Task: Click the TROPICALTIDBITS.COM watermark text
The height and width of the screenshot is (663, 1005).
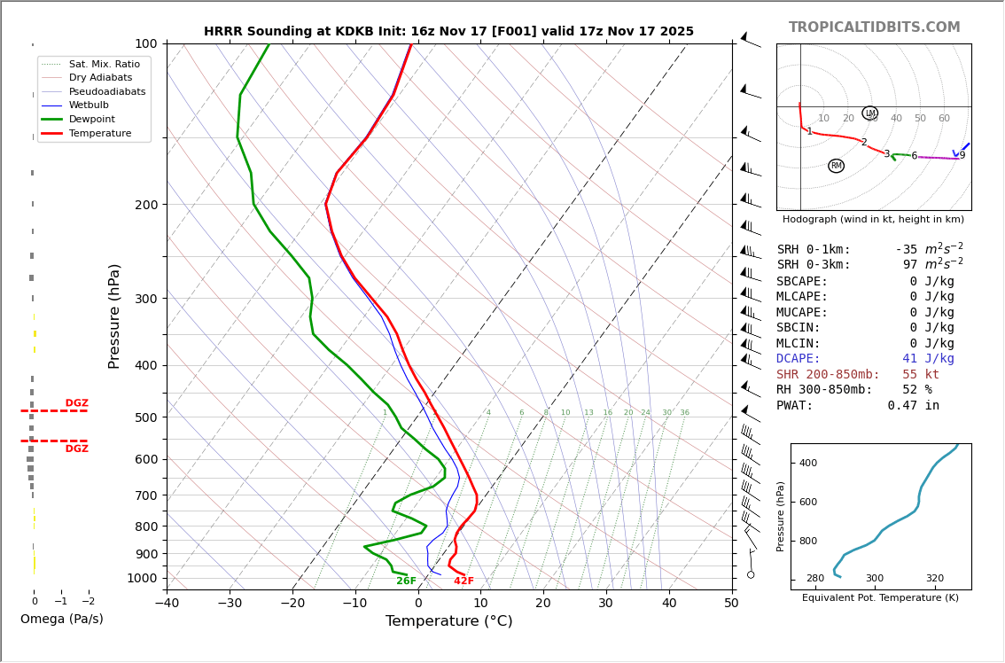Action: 874,27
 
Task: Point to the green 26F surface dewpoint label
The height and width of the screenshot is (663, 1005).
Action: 406,581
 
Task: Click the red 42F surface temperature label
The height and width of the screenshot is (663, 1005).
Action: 464,581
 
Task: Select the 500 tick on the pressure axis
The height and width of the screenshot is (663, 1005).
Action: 146,417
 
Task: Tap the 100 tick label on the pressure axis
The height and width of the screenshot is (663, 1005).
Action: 146,43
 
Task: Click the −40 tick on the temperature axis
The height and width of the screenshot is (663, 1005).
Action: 167,603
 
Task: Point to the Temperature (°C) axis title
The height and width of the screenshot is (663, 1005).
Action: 448,621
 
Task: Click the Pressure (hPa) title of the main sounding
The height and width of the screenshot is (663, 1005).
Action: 115,316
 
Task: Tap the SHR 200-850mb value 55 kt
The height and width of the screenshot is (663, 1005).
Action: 921,375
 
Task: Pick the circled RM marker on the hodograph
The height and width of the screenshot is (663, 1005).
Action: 836,166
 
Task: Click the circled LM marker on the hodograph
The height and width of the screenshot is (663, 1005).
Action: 869,113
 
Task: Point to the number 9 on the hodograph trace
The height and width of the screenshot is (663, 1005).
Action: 962,156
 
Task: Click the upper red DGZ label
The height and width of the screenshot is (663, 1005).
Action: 76,403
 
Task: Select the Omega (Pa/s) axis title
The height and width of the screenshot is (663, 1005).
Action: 62,619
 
